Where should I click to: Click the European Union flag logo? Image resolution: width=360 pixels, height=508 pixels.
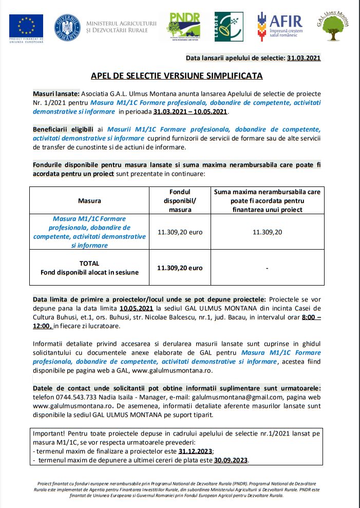[26, 25]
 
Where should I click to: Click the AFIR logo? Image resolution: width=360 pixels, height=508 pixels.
[280, 26]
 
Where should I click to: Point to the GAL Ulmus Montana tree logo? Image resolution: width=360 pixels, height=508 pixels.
[335, 26]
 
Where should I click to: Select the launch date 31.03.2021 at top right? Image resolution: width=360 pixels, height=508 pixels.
[304, 58]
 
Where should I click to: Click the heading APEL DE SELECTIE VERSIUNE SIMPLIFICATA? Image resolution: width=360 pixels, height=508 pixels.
[177, 76]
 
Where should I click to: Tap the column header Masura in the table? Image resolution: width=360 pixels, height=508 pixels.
[89, 200]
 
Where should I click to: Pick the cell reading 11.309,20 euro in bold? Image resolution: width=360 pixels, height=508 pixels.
[180, 268]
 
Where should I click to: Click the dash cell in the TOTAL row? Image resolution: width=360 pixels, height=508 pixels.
[267, 268]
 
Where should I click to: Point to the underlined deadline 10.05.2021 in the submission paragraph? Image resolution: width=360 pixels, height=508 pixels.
[136, 308]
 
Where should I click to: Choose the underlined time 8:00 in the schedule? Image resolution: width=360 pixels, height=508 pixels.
[309, 317]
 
